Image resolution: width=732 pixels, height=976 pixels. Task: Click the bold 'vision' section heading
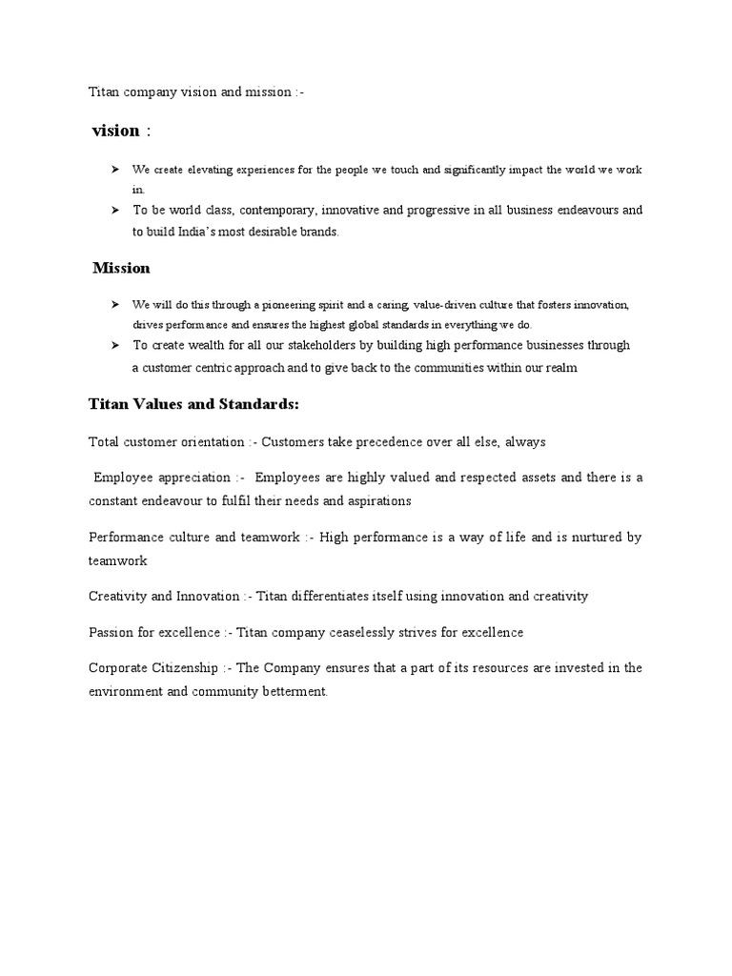[115, 131]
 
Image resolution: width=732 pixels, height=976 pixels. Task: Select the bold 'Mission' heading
[121, 268]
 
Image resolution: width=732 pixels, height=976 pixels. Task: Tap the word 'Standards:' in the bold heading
[260, 404]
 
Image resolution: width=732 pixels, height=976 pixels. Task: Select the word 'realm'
[560, 368]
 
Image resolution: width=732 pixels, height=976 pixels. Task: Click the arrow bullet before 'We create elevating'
[113, 170]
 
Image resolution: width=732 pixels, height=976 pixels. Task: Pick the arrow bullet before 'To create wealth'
[113, 345]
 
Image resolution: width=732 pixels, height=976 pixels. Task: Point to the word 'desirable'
[271, 232]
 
